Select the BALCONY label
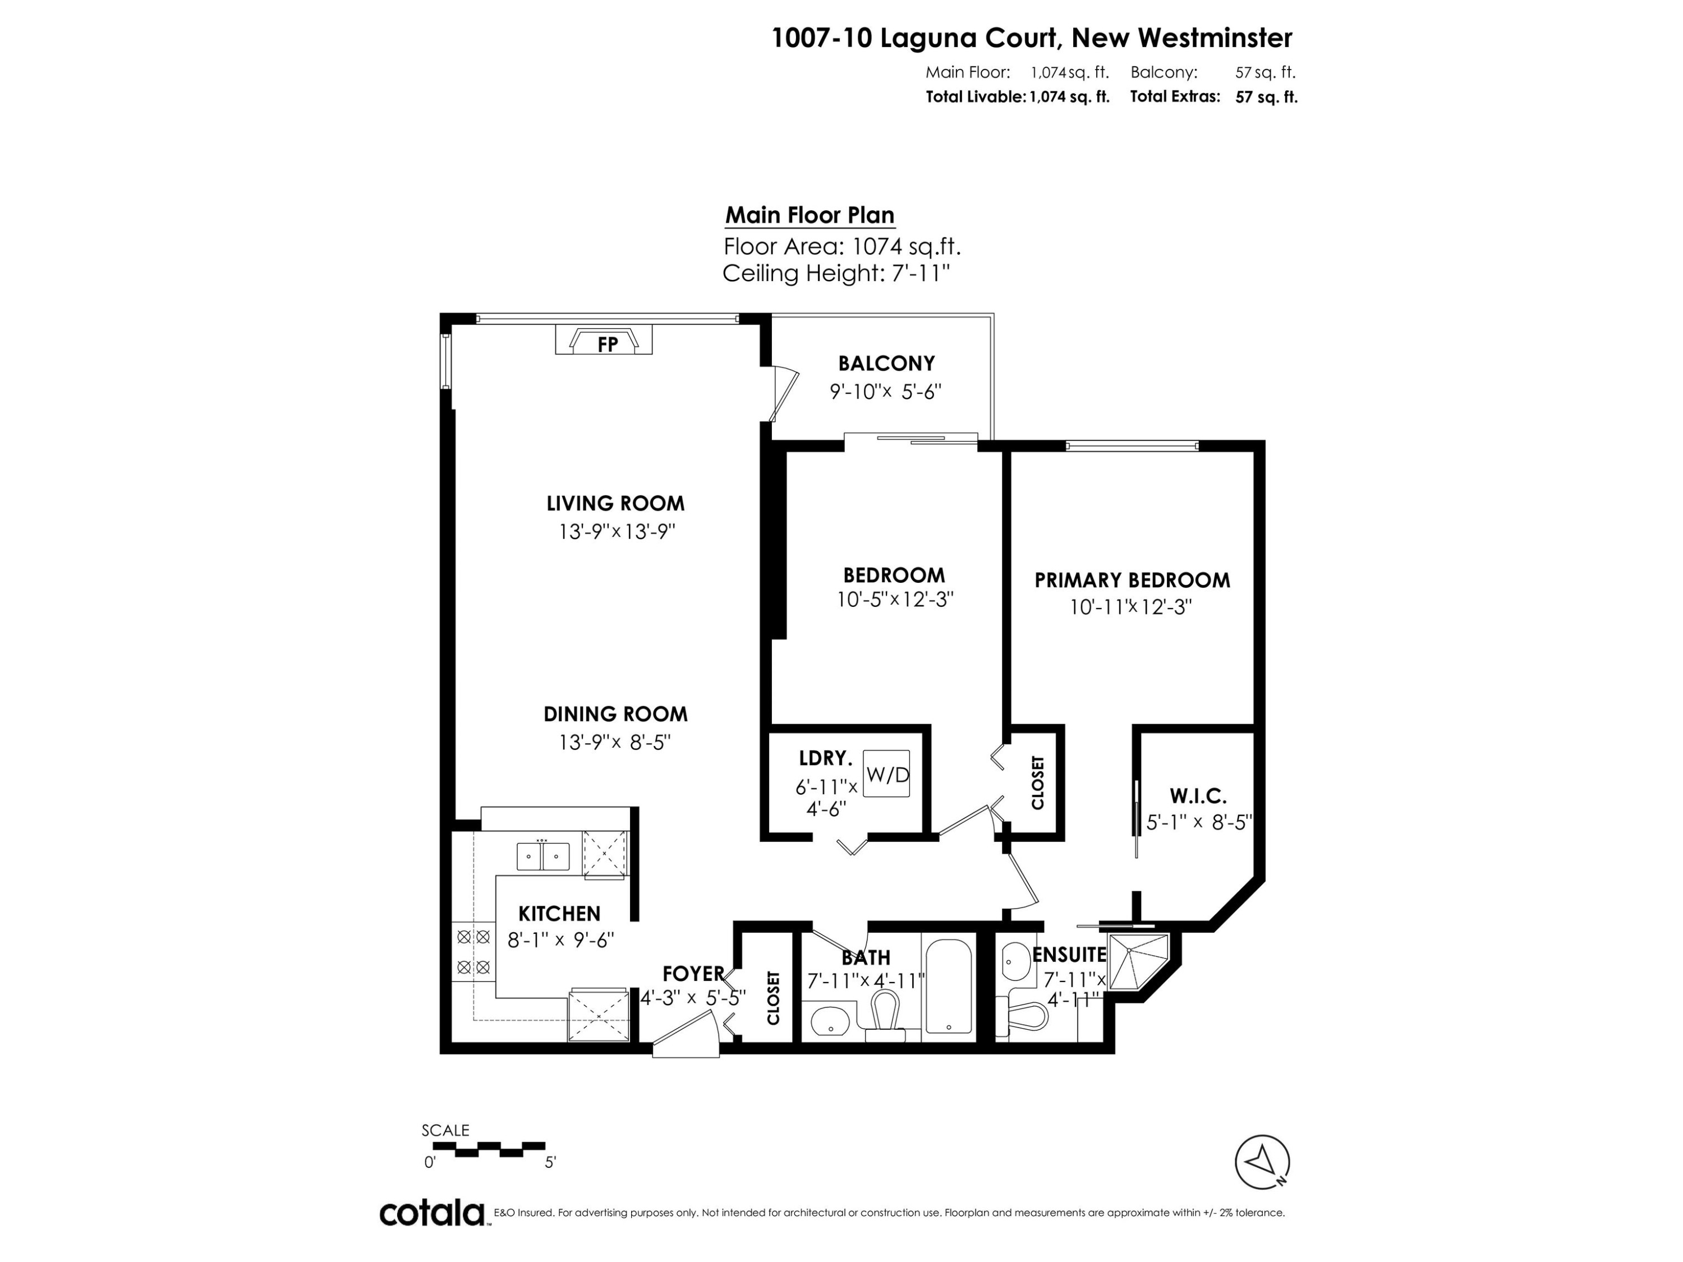[x=886, y=363]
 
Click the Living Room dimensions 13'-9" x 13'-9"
[x=617, y=531]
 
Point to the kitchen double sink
[x=542, y=856]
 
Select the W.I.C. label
[x=1198, y=796]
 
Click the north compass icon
[x=1262, y=1162]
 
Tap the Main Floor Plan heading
[x=809, y=215]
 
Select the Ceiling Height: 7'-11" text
[x=836, y=273]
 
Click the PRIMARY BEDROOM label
[x=1132, y=581]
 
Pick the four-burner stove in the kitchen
[x=472, y=952]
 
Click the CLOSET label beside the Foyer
[x=773, y=997]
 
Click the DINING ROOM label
[x=615, y=715]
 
